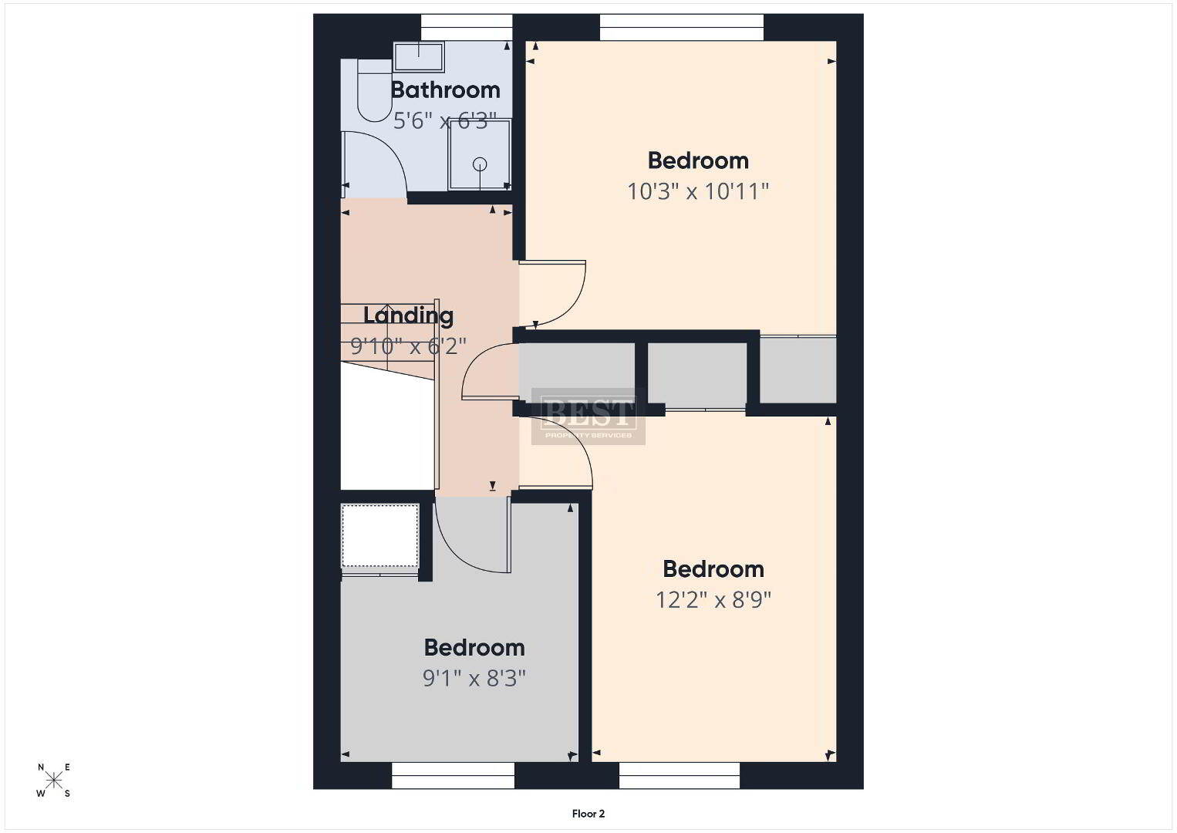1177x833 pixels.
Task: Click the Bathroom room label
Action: pyautogui.click(x=446, y=90)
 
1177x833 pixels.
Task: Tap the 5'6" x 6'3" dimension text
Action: pyautogui.click(x=445, y=121)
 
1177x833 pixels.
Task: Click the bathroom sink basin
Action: pyautogui.click(x=420, y=57)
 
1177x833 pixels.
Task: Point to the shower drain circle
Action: pyautogui.click(x=480, y=164)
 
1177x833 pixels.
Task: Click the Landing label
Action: pyautogui.click(x=408, y=316)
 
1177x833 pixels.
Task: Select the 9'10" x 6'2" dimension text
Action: pyautogui.click(x=408, y=346)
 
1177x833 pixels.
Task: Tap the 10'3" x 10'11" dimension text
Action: pyautogui.click(x=698, y=191)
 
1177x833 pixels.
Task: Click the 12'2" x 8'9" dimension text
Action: pyautogui.click(x=713, y=599)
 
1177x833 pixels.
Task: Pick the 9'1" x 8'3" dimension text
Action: pyautogui.click(x=474, y=679)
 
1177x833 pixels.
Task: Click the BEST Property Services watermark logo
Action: pyautogui.click(x=588, y=416)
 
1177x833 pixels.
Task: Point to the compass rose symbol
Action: pyautogui.click(x=53, y=780)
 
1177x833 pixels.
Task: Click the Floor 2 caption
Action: pyautogui.click(x=588, y=814)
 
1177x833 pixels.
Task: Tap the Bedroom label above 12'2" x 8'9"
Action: pyautogui.click(x=713, y=569)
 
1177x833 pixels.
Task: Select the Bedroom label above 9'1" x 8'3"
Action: pyautogui.click(x=474, y=648)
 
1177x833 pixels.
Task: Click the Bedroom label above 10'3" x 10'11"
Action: pyautogui.click(x=698, y=161)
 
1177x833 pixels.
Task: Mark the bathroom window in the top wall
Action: pyautogui.click(x=467, y=27)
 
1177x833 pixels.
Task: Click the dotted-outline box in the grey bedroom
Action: pyautogui.click(x=380, y=535)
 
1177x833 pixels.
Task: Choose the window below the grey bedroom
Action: pyautogui.click(x=453, y=776)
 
